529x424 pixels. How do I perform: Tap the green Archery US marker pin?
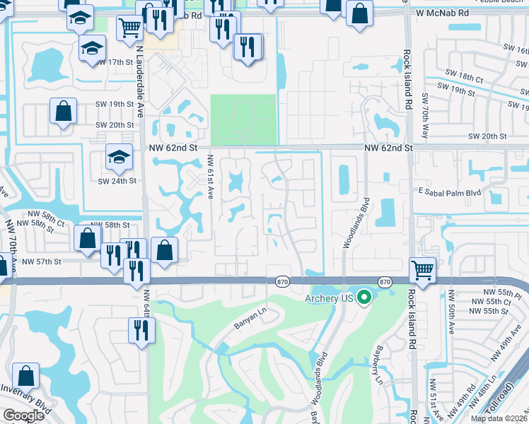(364, 298)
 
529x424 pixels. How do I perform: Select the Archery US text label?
(328, 298)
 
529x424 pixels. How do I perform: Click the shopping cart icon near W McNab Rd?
(129, 28)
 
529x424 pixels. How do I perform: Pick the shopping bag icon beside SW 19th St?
(64, 110)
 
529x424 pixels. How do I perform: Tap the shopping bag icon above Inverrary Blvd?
(25, 376)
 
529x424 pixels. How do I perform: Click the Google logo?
(23, 415)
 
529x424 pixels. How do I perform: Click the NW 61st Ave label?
(210, 177)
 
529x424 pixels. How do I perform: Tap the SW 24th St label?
(116, 181)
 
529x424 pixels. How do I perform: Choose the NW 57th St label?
(42, 261)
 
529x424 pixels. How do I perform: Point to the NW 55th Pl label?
(501, 291)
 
